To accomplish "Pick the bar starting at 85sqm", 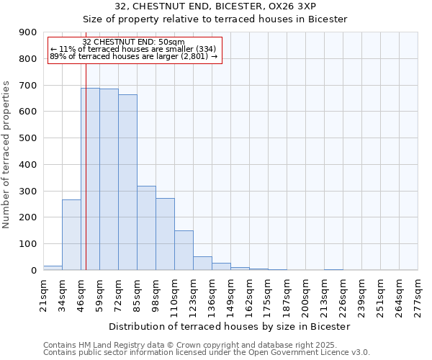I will tap(146, 228).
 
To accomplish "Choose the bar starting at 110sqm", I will tap(184, 251).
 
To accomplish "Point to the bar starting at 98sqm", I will tap(165, 234).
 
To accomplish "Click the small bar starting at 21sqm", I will tap(53, 268).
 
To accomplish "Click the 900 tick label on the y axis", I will tap(28, 32).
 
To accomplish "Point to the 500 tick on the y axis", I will tap(28, 138).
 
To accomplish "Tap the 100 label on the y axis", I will tap(28, 244).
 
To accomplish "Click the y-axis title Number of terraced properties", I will tap(6, 155).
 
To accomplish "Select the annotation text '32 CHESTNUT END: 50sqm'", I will tap(134, 42).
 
